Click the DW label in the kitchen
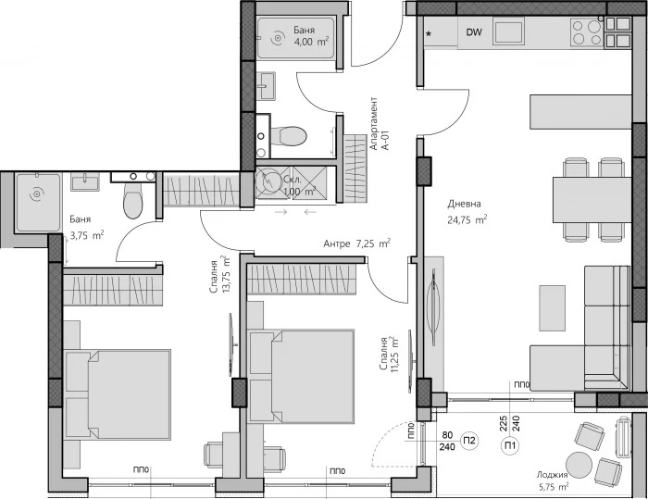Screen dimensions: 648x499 point(474,32)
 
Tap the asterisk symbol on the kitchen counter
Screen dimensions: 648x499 point(429,34)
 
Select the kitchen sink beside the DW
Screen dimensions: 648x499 point(508,31)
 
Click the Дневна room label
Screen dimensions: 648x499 point(464,204)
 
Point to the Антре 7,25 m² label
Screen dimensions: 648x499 point(357,243)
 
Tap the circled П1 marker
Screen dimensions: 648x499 point(509,445)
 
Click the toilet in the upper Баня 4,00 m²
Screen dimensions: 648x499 point(288,135)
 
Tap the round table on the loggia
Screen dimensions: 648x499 point(579,466)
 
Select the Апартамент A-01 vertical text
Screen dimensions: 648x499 point(380,124)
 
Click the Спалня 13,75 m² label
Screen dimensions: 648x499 point(219,275)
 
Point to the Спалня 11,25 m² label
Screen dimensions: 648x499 point(390,354)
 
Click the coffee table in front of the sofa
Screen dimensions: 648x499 point(552,308)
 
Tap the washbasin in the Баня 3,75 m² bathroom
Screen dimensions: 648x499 point(85,181)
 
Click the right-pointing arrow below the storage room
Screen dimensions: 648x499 point(281,212)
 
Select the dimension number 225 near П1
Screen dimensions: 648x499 point(504,423)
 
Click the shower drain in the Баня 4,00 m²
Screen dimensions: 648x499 point(278,39)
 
